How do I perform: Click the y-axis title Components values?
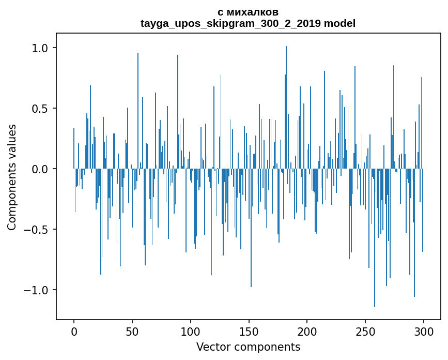[12, 177]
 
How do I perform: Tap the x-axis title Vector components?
[248, 347]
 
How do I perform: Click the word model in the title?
[340, 23]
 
